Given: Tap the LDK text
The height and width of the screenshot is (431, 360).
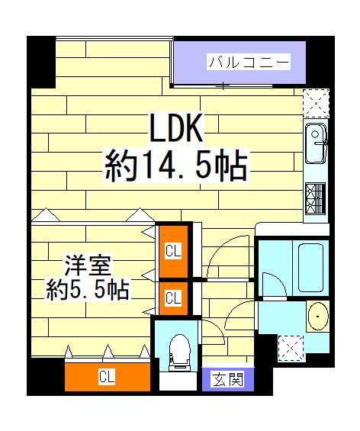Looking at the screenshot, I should [x=175, y=130].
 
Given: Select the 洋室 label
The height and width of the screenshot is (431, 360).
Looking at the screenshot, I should [x=88, y=267].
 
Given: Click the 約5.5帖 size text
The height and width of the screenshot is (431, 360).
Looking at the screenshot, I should [x=87, y=290].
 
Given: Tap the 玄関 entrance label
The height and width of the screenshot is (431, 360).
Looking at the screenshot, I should [x=228, y=378].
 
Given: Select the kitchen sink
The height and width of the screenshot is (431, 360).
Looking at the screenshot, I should [x=317, y=145].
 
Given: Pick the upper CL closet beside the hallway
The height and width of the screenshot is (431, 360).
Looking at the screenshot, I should [x=173, y=250].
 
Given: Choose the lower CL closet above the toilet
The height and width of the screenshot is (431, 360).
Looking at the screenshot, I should [x=173, y=298].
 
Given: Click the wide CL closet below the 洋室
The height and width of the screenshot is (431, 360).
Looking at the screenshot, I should [x=106, y=376].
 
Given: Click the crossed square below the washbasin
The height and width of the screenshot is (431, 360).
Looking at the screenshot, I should [x=289, y=347].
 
